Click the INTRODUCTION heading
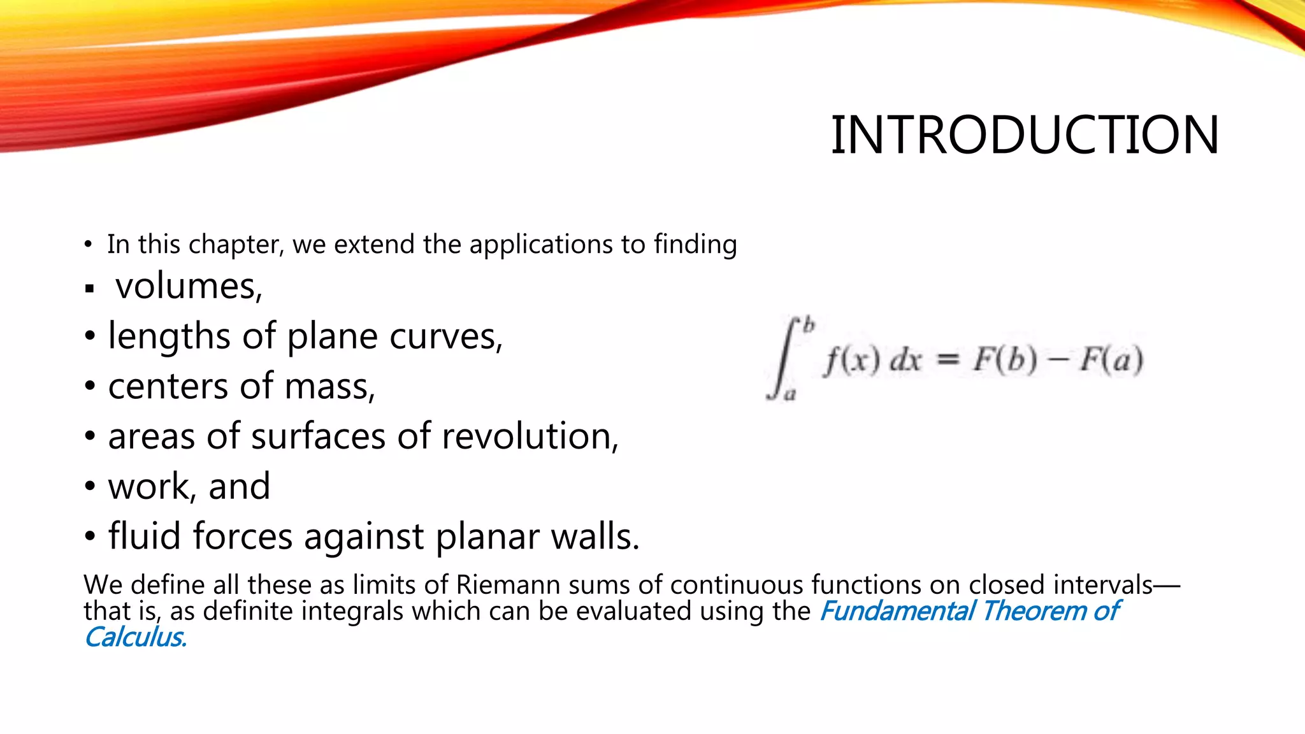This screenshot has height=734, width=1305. click(x=1025, y=135)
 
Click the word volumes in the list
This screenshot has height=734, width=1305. click(x=189, y=286)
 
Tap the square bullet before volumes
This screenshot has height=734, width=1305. click(x=90, y=289)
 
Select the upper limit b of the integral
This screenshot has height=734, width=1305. click(x=809, y=325)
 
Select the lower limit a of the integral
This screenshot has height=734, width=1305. click(x=790, y=395)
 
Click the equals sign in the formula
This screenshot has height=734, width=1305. click(x=948, y=361)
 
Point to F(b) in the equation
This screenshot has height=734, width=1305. click(x=1004, y=361)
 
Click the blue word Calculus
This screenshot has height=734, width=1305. click(x=135, y=637)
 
